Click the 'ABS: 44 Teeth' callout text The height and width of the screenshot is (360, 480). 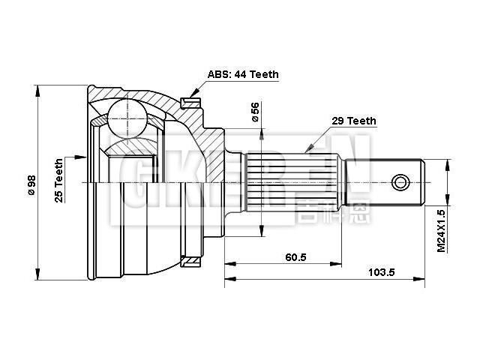(243, 74)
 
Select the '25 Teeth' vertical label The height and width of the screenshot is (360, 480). (58, 180)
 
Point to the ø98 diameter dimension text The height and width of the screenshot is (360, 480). (31, 183)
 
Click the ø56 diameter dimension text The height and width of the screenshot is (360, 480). (255, 112)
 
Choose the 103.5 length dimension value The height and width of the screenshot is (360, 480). (381, 272)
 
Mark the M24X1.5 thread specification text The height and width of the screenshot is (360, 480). (442, 228)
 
